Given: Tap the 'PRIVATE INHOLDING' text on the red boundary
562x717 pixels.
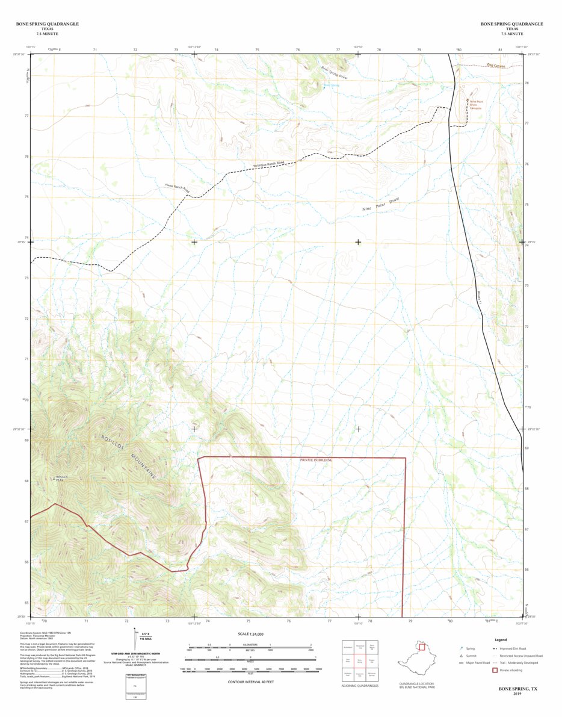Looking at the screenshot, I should pyautogui.click(x=316, y=460).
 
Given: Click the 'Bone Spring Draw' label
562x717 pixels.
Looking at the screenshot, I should pyautogui.click(x=334, y=73).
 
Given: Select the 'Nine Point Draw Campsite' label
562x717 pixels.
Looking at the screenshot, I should pyautogui.click(x=476, y=105).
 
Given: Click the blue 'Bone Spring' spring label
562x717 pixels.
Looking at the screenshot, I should pyautogui.click(x=332, y=85).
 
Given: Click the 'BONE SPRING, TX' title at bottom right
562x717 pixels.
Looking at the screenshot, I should pyautogui.click(x=519, y=688).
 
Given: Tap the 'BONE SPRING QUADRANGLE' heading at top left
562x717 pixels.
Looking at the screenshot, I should pyautogui.click(x=47, y=24).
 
